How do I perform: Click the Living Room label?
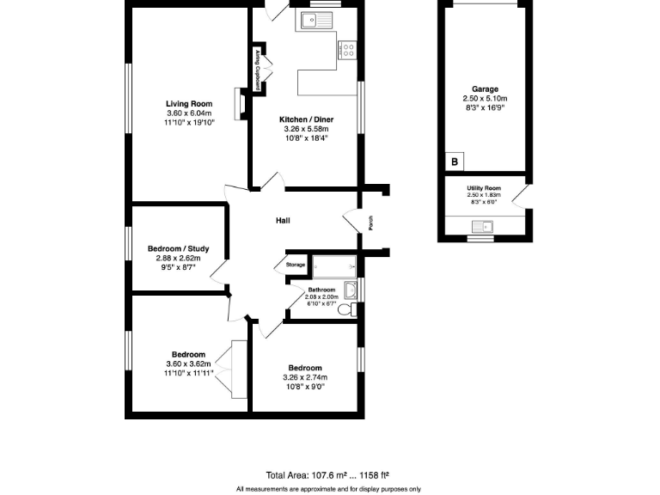click(189, 104)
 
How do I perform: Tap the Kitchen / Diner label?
click(306, 119)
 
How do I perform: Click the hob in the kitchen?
click(349, 50)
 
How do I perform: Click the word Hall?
click(282, 221)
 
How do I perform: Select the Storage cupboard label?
click(295, 265)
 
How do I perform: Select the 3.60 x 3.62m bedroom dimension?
click(189, 364)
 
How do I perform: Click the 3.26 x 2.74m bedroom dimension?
click(305, 377)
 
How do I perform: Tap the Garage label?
click(485, 89)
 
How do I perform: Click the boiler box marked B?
click(454, 162)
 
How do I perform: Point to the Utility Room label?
click(483, 188)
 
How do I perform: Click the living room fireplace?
click(241, 103)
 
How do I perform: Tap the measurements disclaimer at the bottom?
click(328, 489)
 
